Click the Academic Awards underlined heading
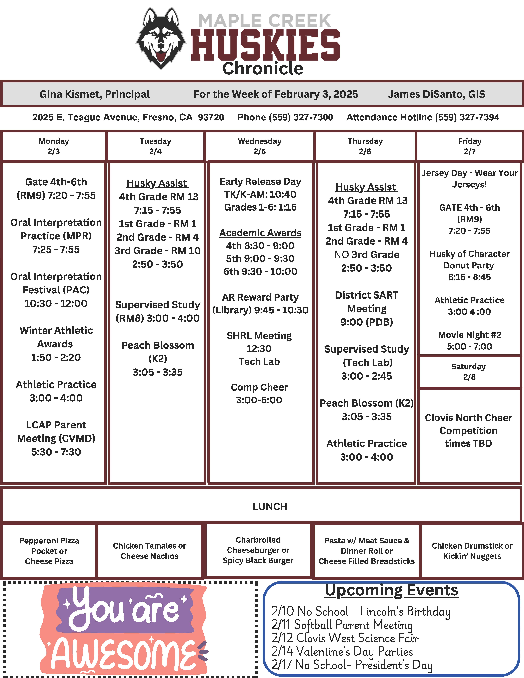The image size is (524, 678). (x=260, y=233)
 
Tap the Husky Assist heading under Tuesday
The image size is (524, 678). (x=157, y=183)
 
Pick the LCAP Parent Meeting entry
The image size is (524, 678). (x=56, y=438)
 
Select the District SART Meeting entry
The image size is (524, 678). (x=367, y=308)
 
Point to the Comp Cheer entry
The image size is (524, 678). (x=259, y=393)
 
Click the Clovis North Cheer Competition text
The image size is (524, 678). (x=468, y=430)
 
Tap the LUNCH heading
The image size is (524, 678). (x=270, y=507)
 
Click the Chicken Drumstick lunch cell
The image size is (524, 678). (x=472, y=551)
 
